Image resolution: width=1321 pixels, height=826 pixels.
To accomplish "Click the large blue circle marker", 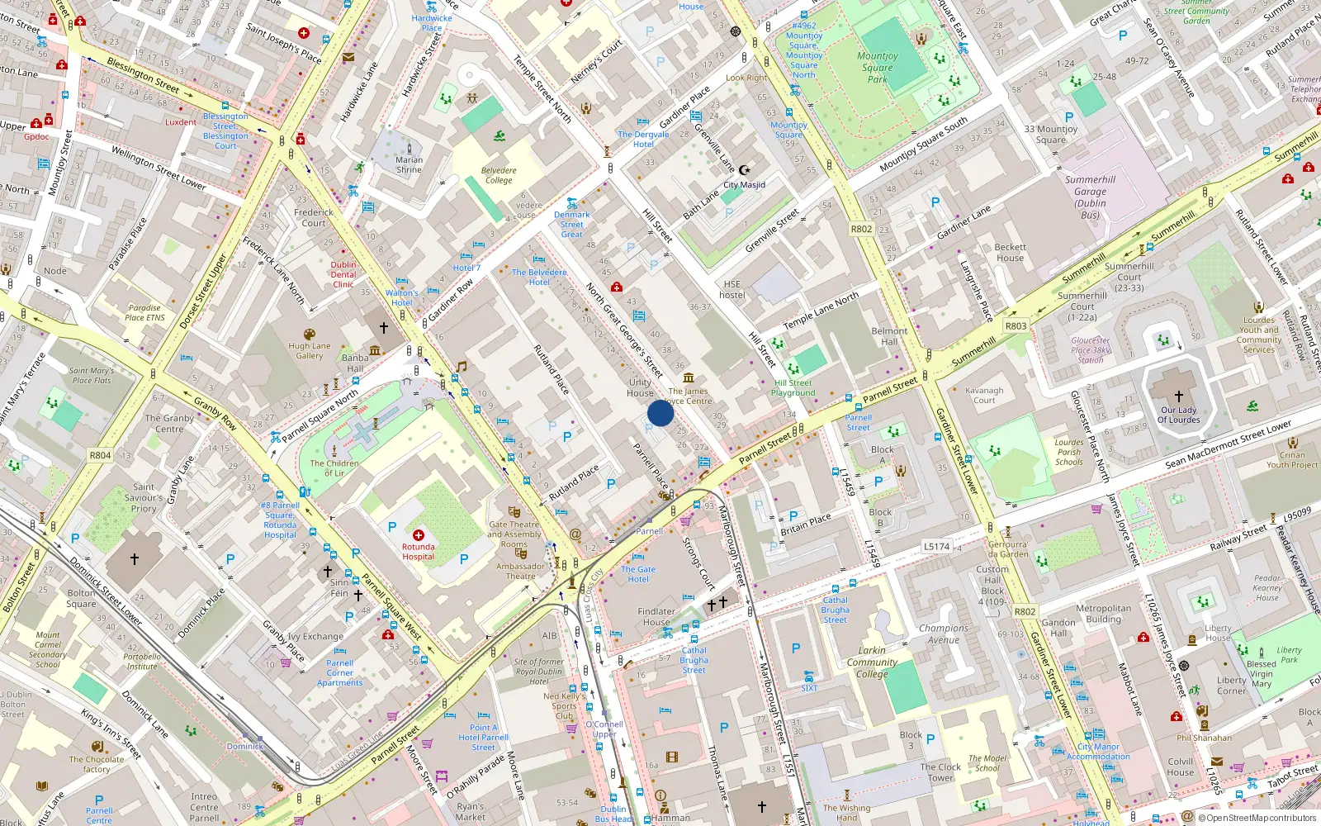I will [660, 413].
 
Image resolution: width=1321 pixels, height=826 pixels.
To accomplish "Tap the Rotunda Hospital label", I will [418, 552].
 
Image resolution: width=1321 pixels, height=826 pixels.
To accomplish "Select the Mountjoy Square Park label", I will [877, 68].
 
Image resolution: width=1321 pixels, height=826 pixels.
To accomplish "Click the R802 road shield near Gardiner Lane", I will [861, 230].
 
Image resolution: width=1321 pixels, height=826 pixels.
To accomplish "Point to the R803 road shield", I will [1016, 326].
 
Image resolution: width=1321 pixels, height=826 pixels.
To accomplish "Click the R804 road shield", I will [100, 455].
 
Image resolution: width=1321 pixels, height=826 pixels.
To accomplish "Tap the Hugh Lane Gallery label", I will [310, 351].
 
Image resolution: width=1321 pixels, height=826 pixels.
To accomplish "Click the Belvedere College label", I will [499, 175].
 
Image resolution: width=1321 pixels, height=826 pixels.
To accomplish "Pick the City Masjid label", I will [744, 185].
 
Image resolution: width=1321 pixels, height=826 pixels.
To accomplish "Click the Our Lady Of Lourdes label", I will [1178, 415].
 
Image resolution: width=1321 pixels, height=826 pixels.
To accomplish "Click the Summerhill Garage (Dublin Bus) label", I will [1090, 197].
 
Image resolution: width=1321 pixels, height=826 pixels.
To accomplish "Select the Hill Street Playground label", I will [793, 387].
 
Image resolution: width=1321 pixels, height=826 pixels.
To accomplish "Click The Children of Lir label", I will [334, 468].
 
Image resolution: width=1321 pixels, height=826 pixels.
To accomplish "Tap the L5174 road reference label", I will [936, 547].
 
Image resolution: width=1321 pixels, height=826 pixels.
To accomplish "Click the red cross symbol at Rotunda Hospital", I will [419, 535].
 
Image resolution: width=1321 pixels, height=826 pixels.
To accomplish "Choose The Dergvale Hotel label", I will [643, 139].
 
